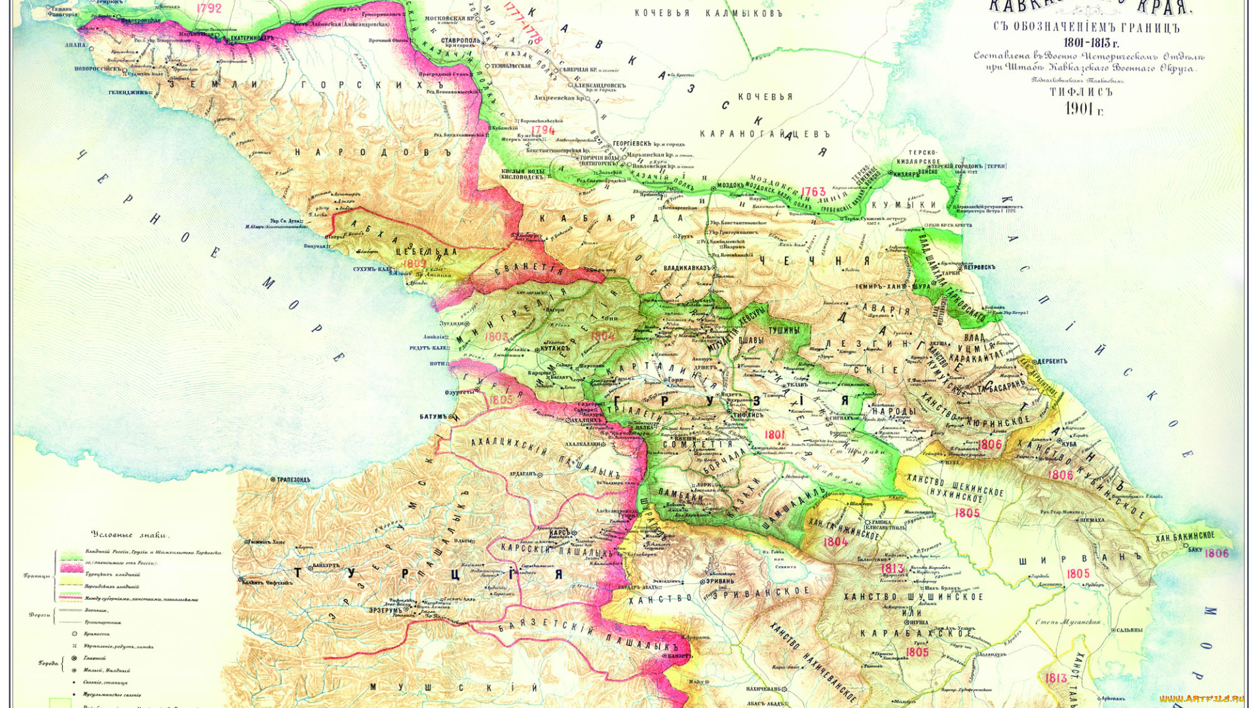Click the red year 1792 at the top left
point(208,9)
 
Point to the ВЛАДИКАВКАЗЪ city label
point(687,268)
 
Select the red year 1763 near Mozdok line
point(813,192)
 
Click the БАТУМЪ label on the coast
point(433,416)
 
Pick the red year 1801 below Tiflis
point(774,435)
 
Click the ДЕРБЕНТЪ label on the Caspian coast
point(1052,361)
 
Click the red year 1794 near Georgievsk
point(543,130)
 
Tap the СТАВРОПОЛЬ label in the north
point(460,41)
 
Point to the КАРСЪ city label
point(559,534)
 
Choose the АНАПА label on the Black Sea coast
point(75,46)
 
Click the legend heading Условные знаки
point(129,535)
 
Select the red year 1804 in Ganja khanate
point(835,541)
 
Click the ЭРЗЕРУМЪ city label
point(384,610)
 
